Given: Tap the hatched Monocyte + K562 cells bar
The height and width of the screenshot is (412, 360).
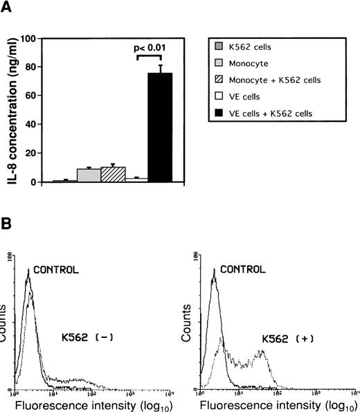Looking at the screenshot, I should [x=113, y=174].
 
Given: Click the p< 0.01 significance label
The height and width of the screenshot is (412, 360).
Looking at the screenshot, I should [x=161, y=49].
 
